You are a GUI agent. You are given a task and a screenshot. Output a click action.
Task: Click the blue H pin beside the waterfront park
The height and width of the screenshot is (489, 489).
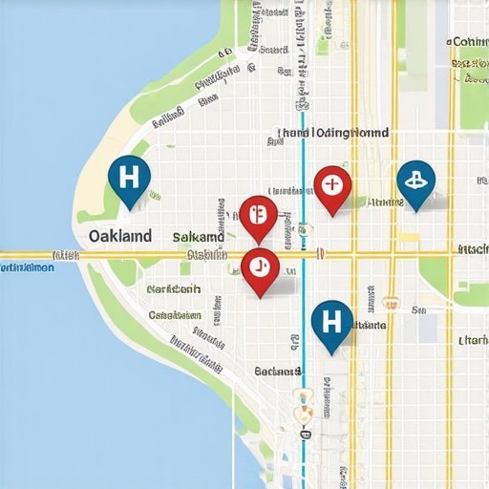click(131, 178)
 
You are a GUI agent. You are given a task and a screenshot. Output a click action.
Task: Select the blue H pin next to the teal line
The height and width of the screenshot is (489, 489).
click(331, 321)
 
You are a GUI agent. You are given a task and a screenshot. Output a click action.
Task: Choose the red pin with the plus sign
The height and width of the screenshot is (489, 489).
click(331, 183)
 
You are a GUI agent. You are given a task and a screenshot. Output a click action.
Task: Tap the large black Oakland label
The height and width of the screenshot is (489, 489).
click(119, 235)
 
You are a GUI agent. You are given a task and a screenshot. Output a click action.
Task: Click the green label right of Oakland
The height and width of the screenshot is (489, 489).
click(199, 236)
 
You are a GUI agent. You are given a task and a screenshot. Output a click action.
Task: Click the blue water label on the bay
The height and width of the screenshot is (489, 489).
click(27, 268)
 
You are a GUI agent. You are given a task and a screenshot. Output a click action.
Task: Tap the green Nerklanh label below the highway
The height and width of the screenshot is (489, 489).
click(174, 287)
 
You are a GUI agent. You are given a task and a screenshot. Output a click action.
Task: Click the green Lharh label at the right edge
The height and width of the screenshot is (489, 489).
click(474, 340)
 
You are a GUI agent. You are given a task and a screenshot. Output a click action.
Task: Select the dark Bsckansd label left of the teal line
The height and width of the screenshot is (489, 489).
click(277, 371)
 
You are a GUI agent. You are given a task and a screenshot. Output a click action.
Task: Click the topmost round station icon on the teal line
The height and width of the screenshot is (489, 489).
click(303, 228)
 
